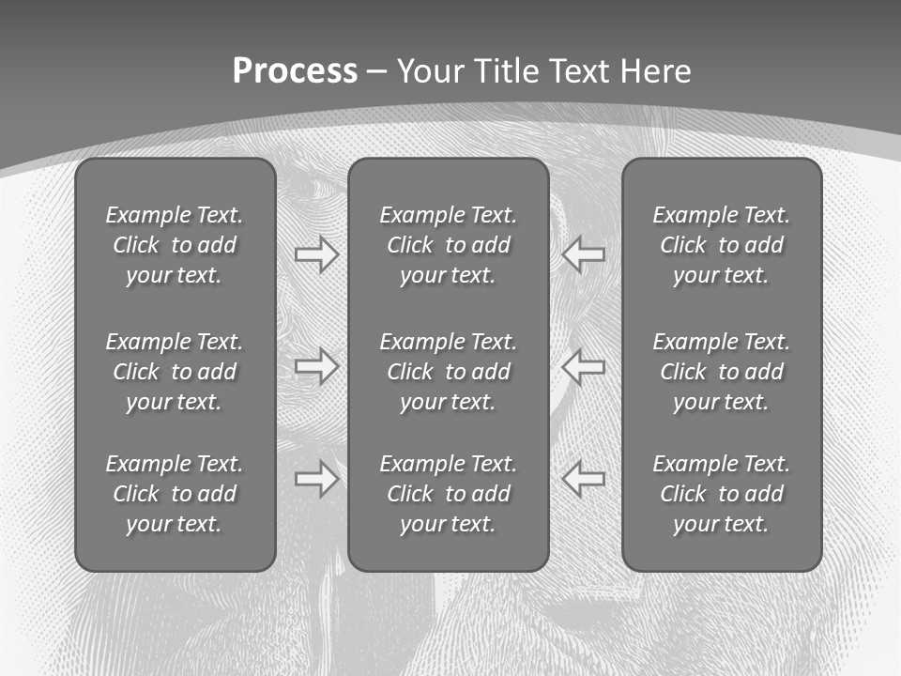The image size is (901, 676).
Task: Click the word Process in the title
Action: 295,71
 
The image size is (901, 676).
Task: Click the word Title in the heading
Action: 509,71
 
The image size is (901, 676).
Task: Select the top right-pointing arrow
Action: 317,254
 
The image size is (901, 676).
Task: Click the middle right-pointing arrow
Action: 317,366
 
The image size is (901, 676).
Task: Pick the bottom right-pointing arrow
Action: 317,479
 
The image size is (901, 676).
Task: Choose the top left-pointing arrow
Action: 584,254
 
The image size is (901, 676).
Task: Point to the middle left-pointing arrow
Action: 584,366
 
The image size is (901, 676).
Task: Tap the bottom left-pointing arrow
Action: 584,479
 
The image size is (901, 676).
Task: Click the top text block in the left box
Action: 175,245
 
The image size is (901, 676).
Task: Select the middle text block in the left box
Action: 175,372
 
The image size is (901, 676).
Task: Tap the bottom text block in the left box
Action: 175,494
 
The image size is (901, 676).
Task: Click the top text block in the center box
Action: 448,245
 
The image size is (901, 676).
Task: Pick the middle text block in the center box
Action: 448,372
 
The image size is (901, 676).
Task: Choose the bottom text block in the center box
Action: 448,494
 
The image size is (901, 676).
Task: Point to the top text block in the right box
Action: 721,245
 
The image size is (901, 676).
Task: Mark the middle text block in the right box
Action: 721,372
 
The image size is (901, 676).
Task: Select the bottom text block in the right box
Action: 721,494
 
